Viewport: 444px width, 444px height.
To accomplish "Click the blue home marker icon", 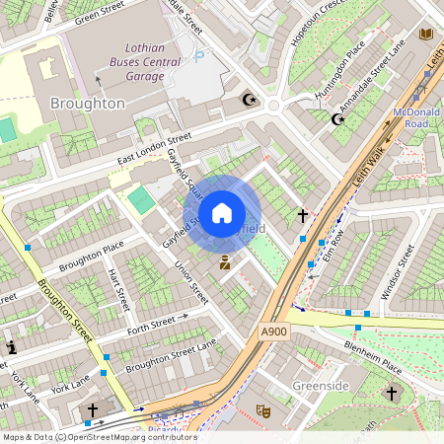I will [x=222, y=213].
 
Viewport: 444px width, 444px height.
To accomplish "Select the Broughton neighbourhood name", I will [x=87, y=104].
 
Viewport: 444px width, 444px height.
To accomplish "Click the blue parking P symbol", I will [x=199, y=57].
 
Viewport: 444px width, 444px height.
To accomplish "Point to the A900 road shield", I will [x=275, y=333].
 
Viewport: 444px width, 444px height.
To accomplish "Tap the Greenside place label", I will [x=321, y=385].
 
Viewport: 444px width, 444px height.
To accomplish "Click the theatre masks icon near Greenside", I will [x=263, y=409].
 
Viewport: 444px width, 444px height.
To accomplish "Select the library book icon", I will [x=426, y=35].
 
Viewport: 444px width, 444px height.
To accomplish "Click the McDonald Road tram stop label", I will [x=415, y=117].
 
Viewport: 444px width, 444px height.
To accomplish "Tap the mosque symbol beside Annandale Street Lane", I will [x=338, y=119].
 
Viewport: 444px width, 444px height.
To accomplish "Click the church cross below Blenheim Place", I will [x=391, y=394].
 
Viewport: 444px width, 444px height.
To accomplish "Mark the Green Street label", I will [x=100, y=14].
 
